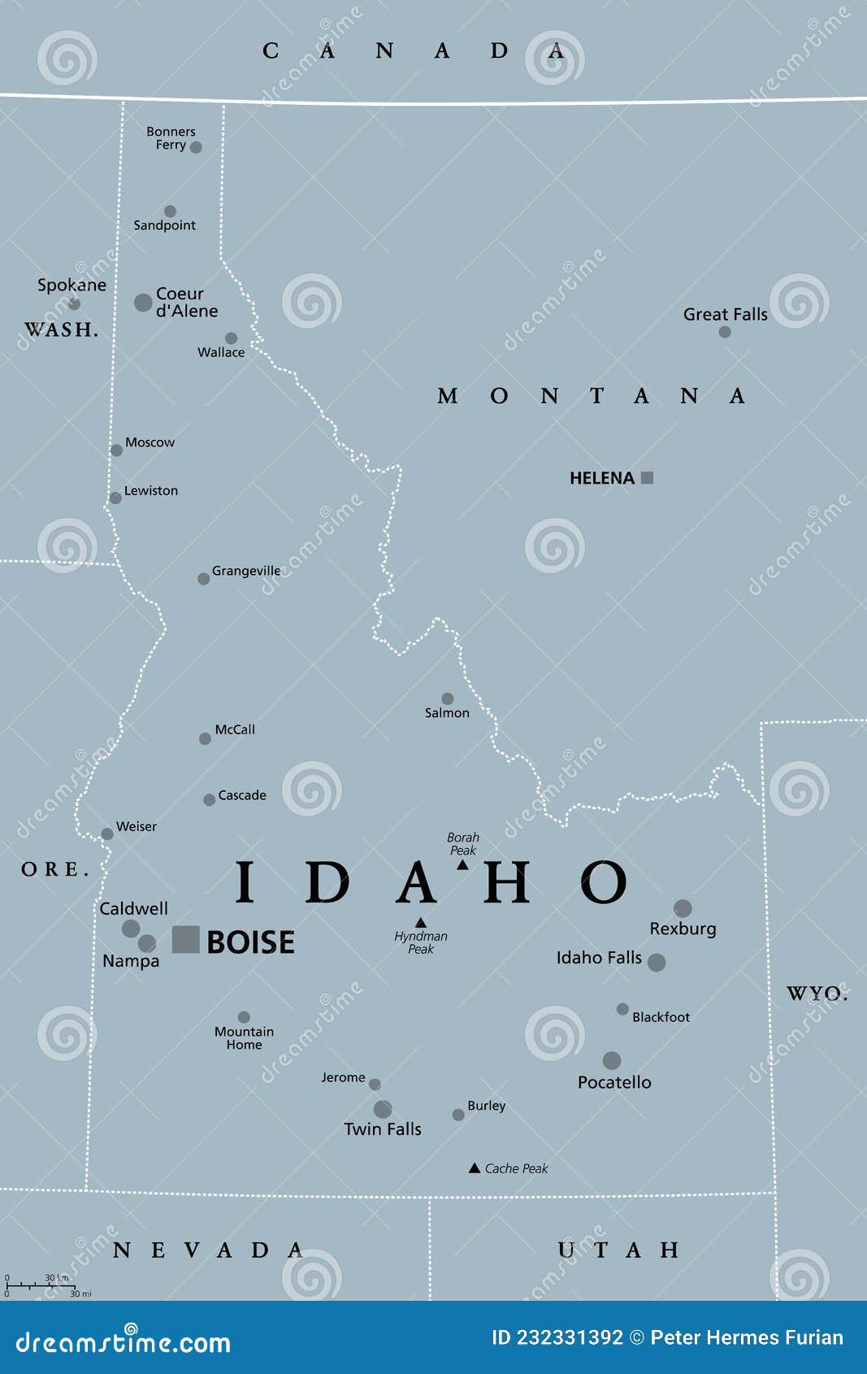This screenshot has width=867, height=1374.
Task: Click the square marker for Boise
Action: click(x=185, y=939)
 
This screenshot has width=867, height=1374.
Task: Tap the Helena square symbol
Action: click(x=647, y=478)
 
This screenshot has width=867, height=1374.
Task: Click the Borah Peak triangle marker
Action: click(x=462, y=865)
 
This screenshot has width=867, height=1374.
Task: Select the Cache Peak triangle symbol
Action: click(x=475, y=1168)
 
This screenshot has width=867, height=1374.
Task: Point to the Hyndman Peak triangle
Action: click(x=421, y=923)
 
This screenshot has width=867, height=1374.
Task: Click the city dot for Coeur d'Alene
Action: click(x=143, y=302)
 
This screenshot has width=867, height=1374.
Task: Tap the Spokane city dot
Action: click(x=74, y=304)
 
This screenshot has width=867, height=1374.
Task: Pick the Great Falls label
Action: click(x=725, y=314)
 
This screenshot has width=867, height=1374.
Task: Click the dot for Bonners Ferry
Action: click(x=196, y=147)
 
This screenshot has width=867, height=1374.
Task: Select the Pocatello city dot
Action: click(x=612, y=1060)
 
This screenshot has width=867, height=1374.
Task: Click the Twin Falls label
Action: click(x=382, y=1128)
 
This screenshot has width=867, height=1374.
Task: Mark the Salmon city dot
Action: click(x=447, y=698)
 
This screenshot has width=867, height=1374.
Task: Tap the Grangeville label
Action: click(x=245, y=571)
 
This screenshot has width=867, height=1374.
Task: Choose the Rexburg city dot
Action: click(x=683, y=908)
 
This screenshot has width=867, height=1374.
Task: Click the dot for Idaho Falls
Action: click(x=657, y=963)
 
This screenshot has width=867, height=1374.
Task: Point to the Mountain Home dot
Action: click(x=244, y=1017)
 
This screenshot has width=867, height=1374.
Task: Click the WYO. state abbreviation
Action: click(x=817, y=993)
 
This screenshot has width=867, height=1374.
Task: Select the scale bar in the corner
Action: click(x=41, y=1285)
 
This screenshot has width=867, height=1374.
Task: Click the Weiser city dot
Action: click(x=107, y=834)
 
